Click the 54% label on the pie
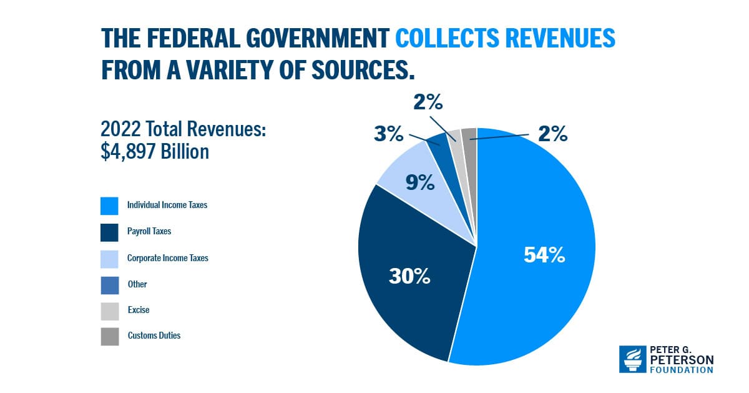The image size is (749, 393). pos(544,255)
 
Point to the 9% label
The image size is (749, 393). pos(419,182)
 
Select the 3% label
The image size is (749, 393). pos(389,134)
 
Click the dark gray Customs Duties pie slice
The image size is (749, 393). pos(469,150)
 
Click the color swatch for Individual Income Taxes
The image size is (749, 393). pos(109,206)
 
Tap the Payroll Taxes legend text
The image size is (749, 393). pos(149,231)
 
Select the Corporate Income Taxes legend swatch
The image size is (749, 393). pos(109,259)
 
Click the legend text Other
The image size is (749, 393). pos(137,284)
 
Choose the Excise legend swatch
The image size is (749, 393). pos(109,311)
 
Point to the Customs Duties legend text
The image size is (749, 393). pos(154,336)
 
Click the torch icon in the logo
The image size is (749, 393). pos(632,359)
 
